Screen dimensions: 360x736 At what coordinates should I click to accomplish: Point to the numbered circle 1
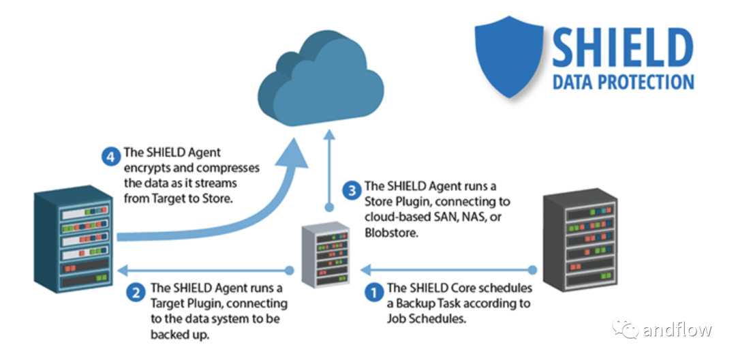tap(374, 292)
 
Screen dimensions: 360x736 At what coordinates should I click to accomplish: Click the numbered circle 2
tap(136, 293)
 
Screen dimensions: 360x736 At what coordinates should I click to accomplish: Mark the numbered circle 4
tap(111, 157)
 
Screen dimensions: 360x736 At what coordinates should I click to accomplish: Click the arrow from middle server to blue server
tap(204, 269)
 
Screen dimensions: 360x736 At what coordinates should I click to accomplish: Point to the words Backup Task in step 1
tap(432, 303)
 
